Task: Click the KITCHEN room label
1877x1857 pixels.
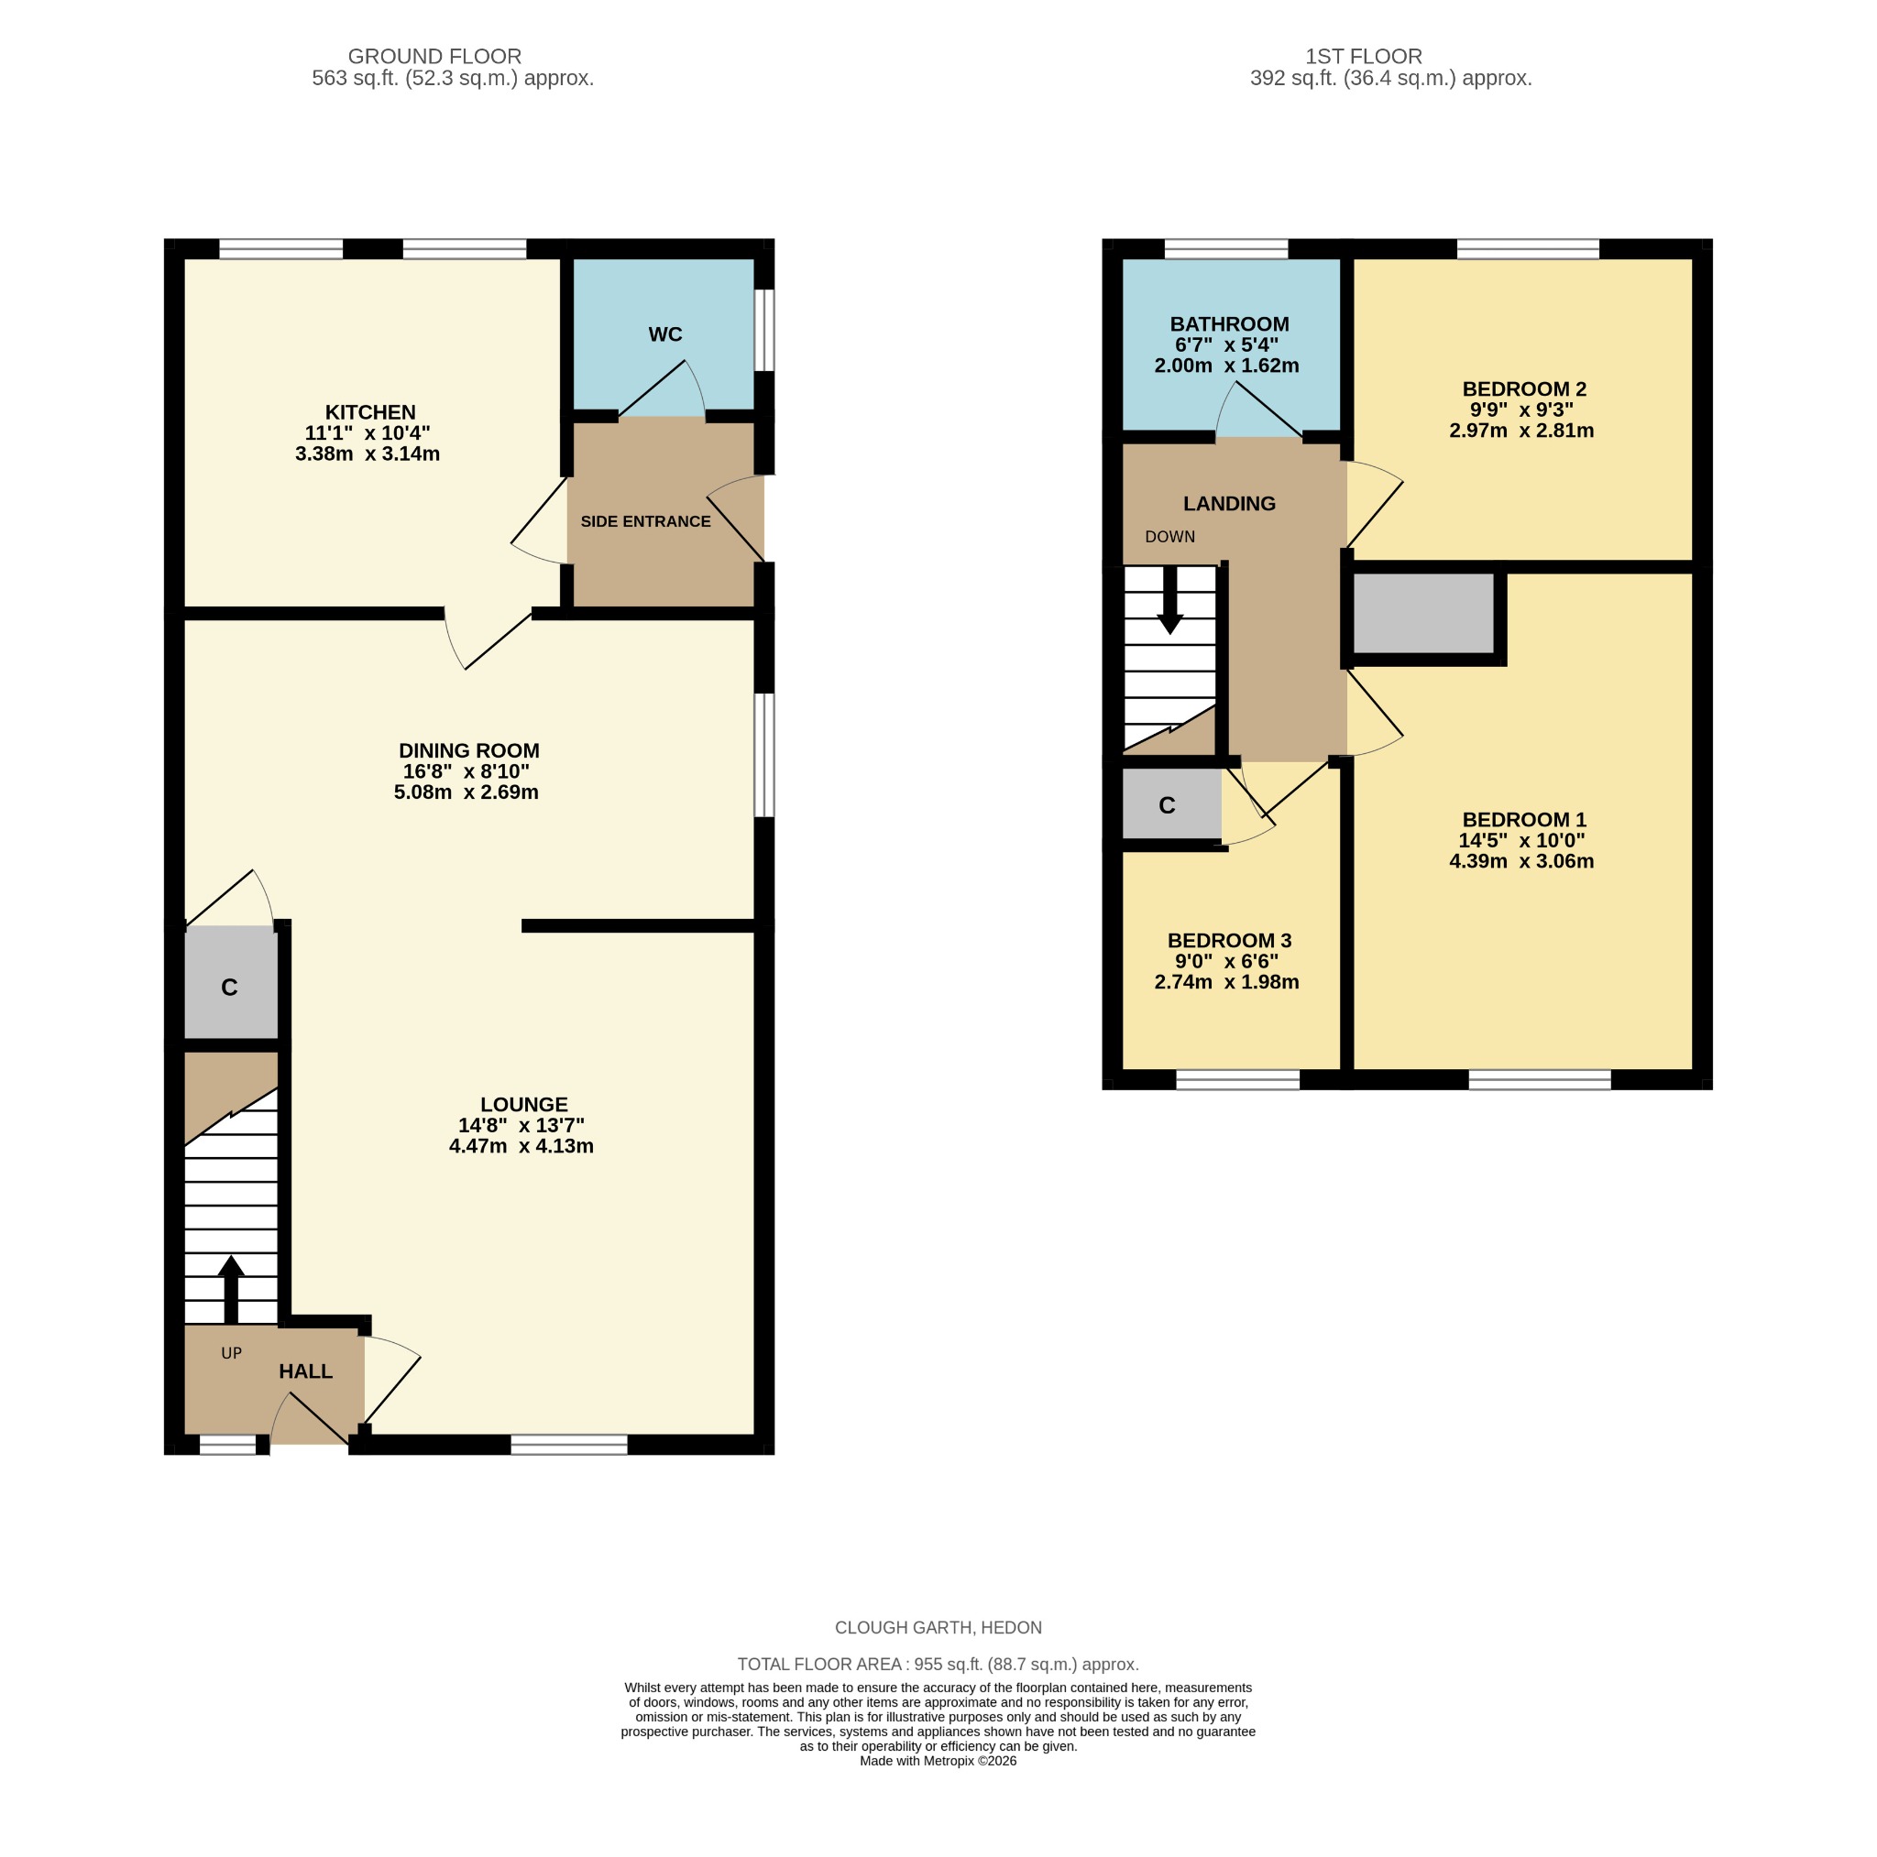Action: pos(369,412)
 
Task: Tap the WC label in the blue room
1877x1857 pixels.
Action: pos(664,334)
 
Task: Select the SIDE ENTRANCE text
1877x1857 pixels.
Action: pos(645,521)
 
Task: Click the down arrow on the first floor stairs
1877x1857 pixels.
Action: pos(1169,599)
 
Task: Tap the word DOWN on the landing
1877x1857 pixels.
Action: pos(1169,537)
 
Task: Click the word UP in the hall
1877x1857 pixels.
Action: pos(231,1353)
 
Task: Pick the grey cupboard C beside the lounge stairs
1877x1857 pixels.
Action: pos(230,987)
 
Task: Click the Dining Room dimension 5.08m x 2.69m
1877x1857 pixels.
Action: pos(466,792)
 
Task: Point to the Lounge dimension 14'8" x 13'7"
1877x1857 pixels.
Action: pos(521,1125)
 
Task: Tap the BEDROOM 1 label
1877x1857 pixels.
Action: pos(1523,820)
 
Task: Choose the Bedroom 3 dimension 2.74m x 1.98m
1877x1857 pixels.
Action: pos(1226,982)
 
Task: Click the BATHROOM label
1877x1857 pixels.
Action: pos(1229,324)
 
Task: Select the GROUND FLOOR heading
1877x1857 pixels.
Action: pos(434,56)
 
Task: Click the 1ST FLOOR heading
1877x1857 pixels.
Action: pos(1363,56)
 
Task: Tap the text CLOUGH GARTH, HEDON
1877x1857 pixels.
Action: pos(938,1628)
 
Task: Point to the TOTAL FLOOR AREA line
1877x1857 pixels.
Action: pos(938,1665)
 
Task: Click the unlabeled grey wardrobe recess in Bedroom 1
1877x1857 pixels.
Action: pos(1422,613)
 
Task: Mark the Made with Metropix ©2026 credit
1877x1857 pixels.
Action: pos(938,1761)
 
